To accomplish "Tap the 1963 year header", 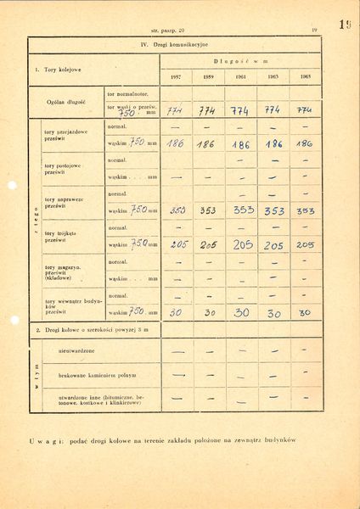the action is point(273,76).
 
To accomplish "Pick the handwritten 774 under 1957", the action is point(176,109).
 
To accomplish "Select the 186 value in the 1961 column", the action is point(240,144).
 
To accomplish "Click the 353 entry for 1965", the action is point(306,210).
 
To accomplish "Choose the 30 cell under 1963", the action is point(274,312).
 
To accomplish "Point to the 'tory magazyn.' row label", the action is point(62,270).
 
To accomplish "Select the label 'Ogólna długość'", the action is point(64,101).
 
